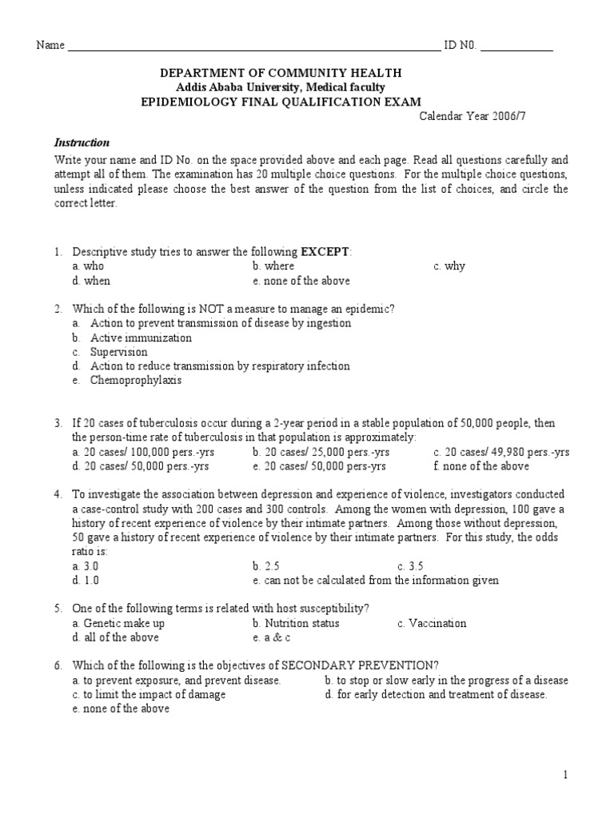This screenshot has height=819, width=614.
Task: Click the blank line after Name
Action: (x=253, y=46)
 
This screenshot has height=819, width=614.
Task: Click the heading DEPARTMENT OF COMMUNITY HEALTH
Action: (x=281, y=73)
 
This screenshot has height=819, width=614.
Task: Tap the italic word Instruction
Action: (x=82, y=142)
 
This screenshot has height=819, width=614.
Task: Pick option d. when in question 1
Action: (x=91, y=281)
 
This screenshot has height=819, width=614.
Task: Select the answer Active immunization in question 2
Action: (x=141, y=338)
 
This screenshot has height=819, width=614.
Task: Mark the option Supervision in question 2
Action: (x=118, y=352)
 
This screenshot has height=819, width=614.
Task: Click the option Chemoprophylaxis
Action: (x=135, y=381)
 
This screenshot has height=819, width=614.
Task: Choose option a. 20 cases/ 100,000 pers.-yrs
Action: (x=143, y=452)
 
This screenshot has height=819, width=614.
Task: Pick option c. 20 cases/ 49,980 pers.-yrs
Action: (x=501, y=452)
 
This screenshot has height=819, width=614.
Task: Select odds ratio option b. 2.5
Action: (x=265, y=566)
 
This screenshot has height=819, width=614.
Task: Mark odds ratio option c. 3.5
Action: (x=410, y=566)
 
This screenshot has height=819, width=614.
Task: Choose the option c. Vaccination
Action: (x=432, y=623)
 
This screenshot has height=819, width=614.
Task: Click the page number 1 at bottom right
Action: (x=564, y=775)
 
